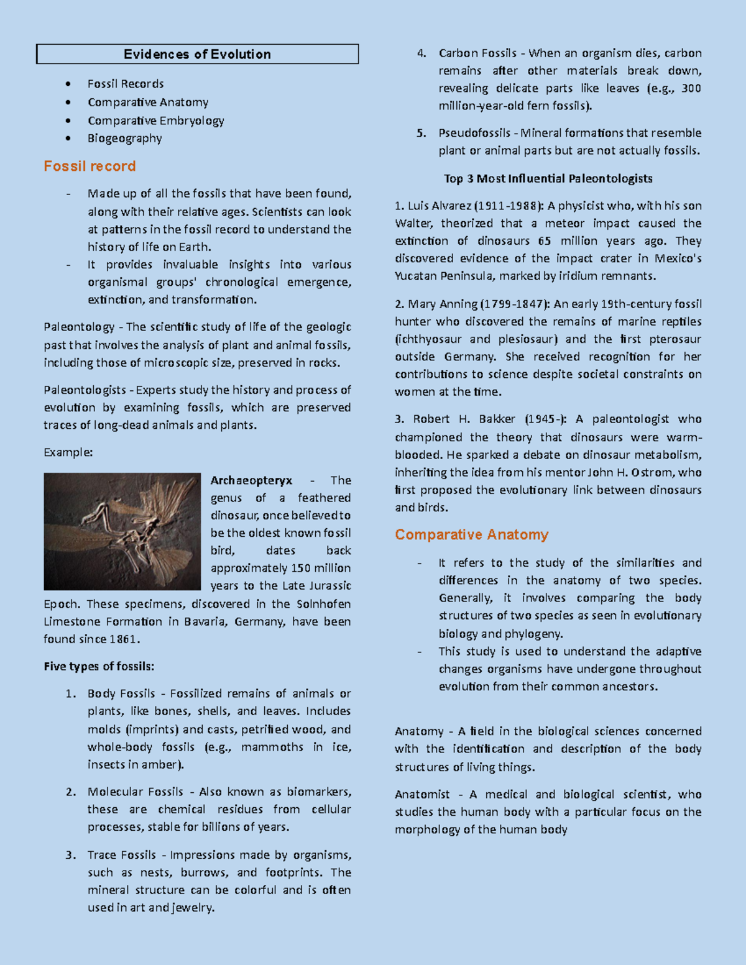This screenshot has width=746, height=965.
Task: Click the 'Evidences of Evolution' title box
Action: pyautogui.click(x=197, y=54)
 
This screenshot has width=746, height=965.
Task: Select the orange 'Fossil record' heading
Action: pyautogui.click(x=90, y=166)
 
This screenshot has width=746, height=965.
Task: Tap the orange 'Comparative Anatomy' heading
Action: pyautogui.click(x=471, y=534)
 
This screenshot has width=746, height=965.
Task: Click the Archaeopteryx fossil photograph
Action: pyautogui.click(x=122, y=531)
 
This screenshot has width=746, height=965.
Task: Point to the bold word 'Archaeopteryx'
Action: pyautogui.click(x=251, y=480)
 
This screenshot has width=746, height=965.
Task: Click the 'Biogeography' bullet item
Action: pyautogui.click(x=124, y=138)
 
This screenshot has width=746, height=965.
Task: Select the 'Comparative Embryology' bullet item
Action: pyautogui.click(x=155, y=121)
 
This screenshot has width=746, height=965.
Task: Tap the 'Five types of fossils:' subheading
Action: pyautogui.click(x=99, y=666)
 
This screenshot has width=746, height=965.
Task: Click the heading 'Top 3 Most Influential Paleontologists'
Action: pyautogui.click(x=548, y=178)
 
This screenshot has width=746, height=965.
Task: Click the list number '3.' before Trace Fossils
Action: pyautogui.click(x=71, y=855)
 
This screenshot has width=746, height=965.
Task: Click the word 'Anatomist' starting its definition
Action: pyautogui.click(x=422, y=794)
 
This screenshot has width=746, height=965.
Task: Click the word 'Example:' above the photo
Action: pyautogui.click(x=68, y=452)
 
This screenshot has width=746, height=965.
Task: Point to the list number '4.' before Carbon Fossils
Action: pyautogui.click(x=421, y=53)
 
